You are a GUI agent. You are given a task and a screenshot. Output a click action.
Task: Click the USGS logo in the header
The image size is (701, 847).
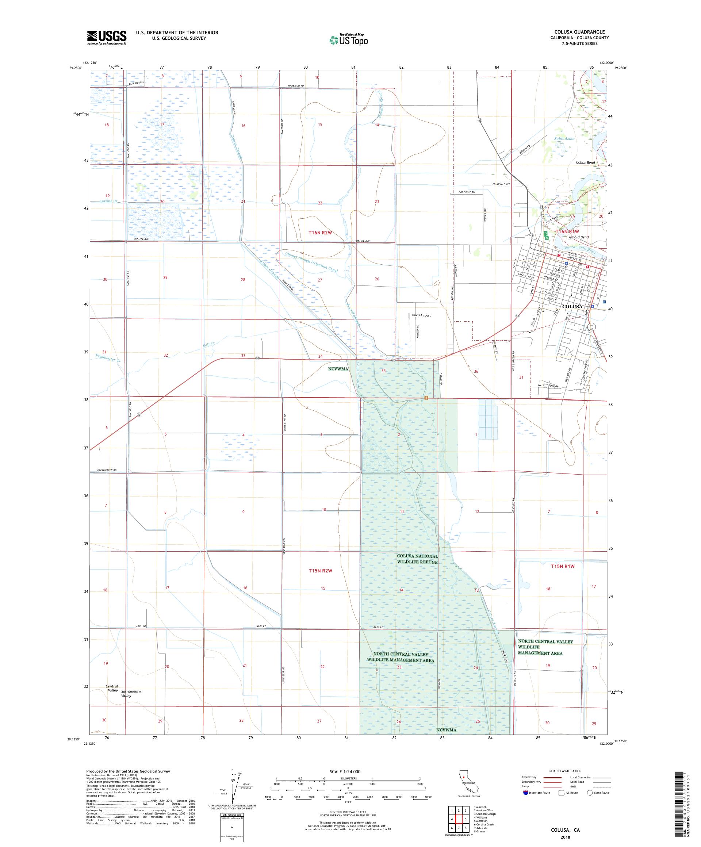pyautogui.click(x=107, y=38)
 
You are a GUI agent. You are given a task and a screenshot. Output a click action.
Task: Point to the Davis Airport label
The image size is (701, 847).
pyautogui.click(x=421, y=315)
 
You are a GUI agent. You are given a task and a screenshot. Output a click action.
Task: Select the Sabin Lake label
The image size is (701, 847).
pyautogui.click(x=564, y=138)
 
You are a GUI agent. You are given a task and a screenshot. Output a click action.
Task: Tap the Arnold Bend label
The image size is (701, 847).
pyautogui.click(x=578, y=237)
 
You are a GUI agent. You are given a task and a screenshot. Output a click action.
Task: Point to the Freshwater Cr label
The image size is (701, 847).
pyautogui.click(x=108, y=357)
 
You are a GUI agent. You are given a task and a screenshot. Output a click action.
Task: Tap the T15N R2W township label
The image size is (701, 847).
pyautogui.click(x=321, y=571)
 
